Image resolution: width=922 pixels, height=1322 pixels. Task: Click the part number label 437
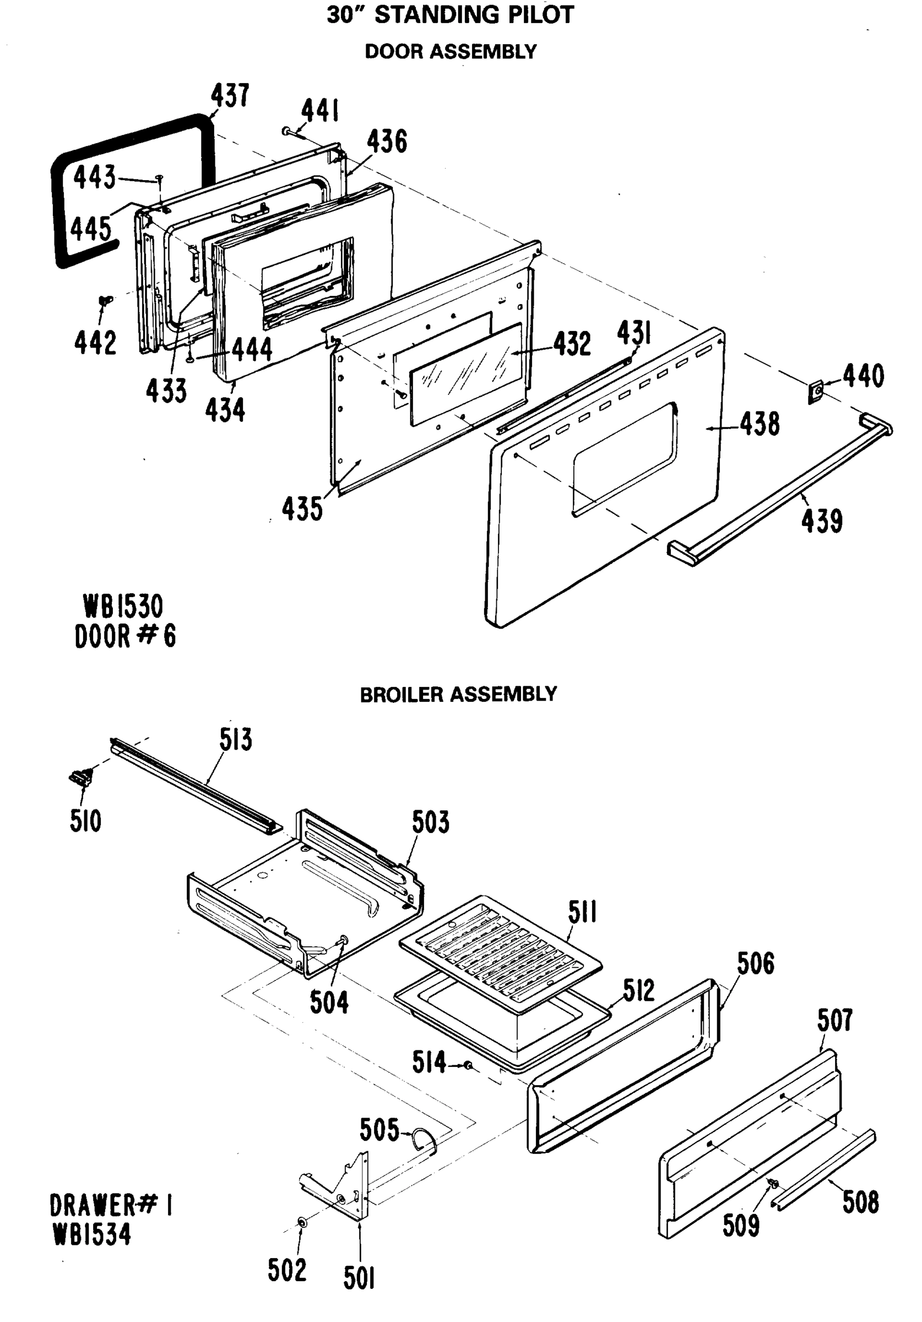[229, 96]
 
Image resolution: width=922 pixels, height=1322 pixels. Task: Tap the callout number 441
[319, 111]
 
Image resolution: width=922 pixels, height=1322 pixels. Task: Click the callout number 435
[302, 508]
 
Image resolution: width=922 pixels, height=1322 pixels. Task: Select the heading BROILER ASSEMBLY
[458, 694]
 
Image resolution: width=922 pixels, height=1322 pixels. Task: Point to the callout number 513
[235, 740]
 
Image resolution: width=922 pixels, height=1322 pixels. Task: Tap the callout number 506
[755, 964]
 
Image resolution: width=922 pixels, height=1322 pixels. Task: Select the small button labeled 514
[469, 1066]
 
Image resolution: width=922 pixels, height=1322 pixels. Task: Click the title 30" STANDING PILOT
[451, 15]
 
